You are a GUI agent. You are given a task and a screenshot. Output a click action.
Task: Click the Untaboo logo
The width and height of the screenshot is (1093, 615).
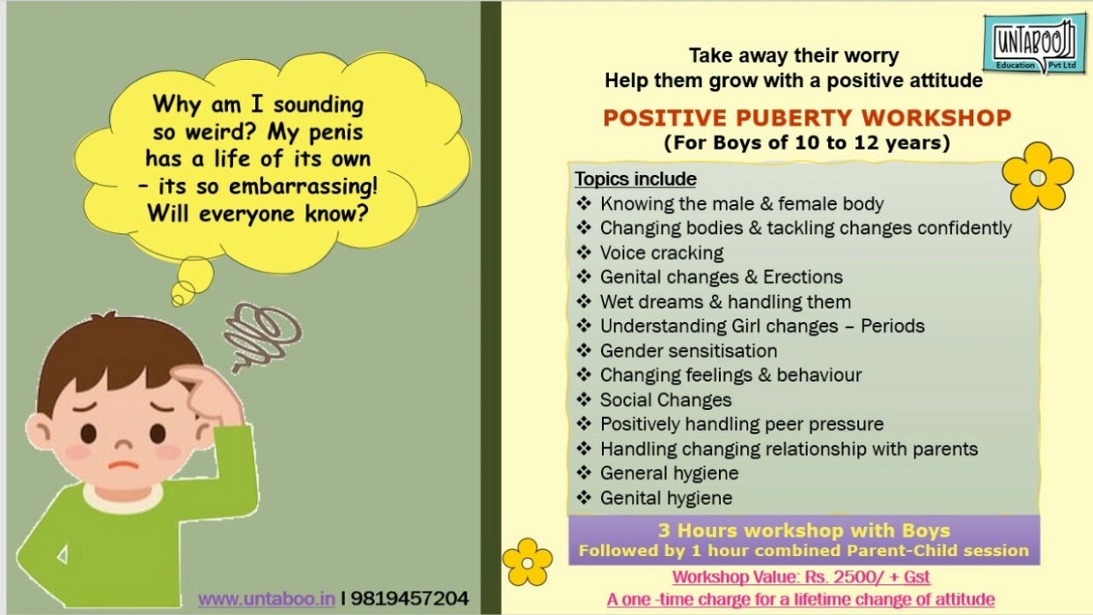click(1034, 45)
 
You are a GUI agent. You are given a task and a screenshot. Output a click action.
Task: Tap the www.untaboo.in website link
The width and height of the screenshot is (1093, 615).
click(267, 598)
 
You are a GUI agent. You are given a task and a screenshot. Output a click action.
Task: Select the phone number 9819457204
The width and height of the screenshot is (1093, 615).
click(410, 598)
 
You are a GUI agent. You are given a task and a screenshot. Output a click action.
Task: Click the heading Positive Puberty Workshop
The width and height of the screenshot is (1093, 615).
click(807, 118)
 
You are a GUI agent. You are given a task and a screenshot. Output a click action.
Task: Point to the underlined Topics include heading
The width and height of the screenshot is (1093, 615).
click(635, 179)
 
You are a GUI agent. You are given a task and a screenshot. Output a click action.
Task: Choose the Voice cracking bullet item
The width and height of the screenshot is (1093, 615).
click(662, 253)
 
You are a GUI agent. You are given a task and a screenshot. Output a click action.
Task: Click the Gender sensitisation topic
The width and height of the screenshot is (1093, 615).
click(688, 351)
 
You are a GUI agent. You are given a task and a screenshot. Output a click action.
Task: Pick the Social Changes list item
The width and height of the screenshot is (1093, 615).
click(665, 400)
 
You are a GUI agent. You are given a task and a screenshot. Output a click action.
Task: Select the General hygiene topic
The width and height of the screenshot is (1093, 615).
click(669, 473)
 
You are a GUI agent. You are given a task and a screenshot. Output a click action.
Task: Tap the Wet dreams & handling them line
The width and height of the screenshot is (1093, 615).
click(725, 302)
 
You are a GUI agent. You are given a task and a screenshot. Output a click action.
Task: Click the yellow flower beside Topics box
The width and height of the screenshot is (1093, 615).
click(1038, 177)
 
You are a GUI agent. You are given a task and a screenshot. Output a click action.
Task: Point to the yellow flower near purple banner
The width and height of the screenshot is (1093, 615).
click(527, 562)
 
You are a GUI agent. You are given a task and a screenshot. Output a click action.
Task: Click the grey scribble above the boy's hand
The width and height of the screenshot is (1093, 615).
click(262, 335)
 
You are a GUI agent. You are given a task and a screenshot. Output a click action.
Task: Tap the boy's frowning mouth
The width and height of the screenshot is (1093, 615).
click(123, 465)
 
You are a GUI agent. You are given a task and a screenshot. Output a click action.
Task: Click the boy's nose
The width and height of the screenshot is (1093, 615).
click(123, 444)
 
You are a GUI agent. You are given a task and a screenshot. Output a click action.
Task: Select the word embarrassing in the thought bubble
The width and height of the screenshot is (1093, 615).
click(303, 187)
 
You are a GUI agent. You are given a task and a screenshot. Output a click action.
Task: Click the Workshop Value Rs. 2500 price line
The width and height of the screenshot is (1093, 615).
click(801, 577)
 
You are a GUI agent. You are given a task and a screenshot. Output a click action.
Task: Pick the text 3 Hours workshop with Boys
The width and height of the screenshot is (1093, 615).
click(804, 531)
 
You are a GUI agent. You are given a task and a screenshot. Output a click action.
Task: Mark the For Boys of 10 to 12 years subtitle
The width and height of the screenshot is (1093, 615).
click(807, 143)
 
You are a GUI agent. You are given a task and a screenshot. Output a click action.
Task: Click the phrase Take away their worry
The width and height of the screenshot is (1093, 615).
click(794, 55)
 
